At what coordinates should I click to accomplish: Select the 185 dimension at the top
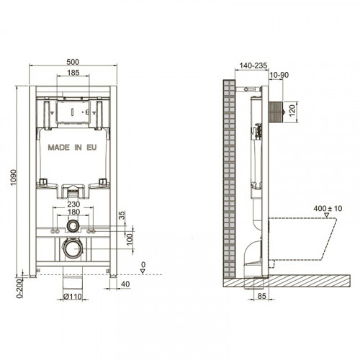pos(72,73)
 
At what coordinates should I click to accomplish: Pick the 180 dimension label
pos(72,213)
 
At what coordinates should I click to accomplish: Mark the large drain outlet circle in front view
pos(72,250)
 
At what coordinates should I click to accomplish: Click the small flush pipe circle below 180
pos(72,225)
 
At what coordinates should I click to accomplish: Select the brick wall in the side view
pos(230,180)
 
